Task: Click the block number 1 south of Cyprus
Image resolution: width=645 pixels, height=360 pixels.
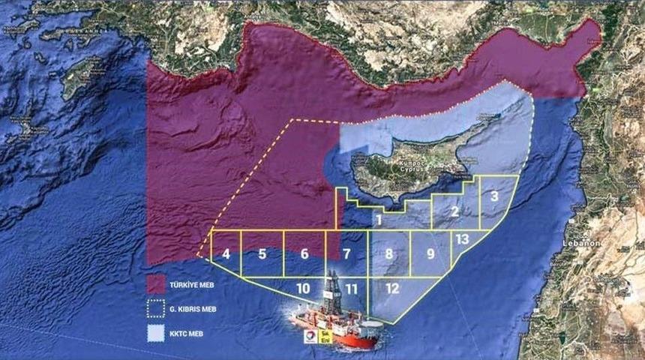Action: click(379, 220)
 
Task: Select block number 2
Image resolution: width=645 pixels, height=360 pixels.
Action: click(454, 211)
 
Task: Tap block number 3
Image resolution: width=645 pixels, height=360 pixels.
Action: click(495, 196)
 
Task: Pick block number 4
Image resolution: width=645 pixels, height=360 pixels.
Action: click(226, 253)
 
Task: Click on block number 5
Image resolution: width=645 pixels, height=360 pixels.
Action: click(262, 253)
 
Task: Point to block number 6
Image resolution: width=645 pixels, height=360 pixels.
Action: click(304, 253)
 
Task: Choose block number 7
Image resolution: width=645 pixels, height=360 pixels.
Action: click(346, 253)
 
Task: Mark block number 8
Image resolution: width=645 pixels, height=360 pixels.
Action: click(388, 253)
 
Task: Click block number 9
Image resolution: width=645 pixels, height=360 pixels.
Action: click(430, 253)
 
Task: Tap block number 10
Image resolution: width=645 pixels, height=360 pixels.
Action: click(303, 288)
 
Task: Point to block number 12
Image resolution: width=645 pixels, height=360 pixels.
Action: click(393, 288)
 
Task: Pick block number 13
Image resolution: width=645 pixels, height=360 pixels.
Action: click(462, 239)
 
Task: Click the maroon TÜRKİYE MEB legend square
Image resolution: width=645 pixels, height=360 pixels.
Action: click(157, 283)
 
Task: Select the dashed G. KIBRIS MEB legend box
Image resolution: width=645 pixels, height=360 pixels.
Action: click(157, 308)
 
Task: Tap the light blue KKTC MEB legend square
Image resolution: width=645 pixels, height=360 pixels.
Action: click(157, 332)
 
